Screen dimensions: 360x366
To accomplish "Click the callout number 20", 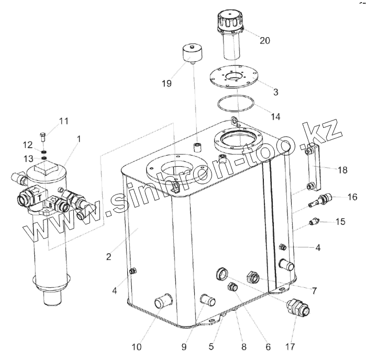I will coord(265,41).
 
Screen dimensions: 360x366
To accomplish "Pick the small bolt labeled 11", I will coord(43,137).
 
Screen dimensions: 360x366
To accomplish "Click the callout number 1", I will coord(79,139).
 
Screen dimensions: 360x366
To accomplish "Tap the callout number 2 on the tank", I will coord(108,257).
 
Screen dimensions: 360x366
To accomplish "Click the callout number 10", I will coord(136,346).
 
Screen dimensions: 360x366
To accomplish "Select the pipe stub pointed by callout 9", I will coord(208,301).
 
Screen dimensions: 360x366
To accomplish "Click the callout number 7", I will coord(314,290).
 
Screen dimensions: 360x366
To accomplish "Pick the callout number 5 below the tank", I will coord(212,346).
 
